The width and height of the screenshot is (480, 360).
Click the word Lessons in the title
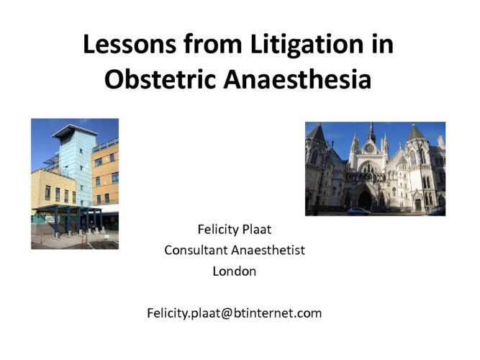[130, 45]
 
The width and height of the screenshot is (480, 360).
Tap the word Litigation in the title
[307, 45]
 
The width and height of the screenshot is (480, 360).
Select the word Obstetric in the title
[160, 79]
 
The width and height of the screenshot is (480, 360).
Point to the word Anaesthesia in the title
[297, 79]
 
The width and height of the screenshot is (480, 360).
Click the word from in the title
[213, 45]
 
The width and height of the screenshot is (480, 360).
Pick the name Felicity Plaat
[235, 230]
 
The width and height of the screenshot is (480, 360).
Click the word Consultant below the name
[197, 250]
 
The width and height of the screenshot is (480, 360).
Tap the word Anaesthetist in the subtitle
[268, 250]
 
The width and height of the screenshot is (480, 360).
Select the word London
[235, 271]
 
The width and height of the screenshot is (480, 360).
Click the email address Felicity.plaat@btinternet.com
[235, 313]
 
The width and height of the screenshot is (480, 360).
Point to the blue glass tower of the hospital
[76, 166]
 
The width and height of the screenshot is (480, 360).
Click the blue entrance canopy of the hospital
[68, 209]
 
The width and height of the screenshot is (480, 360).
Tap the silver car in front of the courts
[359, 212]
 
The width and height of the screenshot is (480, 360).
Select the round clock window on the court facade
[370, 148]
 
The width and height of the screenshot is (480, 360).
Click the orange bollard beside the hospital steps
[41, 237]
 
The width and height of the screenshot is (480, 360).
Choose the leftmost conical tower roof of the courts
[317, 134]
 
